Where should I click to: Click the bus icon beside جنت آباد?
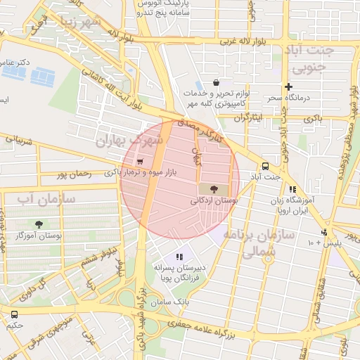pos(265,166)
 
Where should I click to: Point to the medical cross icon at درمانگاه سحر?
pos(288,86)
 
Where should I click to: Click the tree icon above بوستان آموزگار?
pos(39,225)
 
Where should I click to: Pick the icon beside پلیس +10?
pos(324,233)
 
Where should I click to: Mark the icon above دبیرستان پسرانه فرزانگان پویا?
pos(179,257)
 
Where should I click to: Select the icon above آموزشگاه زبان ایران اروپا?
pos(292,189)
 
